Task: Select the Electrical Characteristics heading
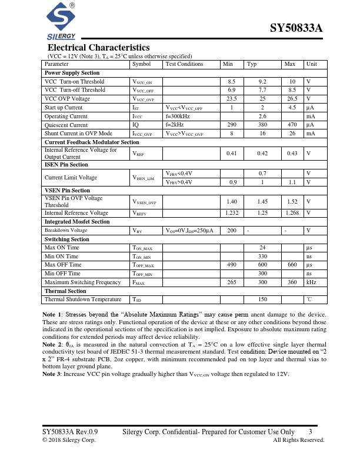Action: click(x=98, y=48)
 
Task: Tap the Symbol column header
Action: click(x=141, y=64)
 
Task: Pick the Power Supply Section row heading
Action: click(x=72, y=73)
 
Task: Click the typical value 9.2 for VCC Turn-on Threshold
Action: click(x=262, y=82)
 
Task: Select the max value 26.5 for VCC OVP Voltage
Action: click(x=290, y=99)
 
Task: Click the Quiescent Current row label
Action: click(x=66, y=125)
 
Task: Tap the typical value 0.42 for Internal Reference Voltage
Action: click(x=262, y=154)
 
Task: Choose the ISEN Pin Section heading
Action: click(x=66, y=165)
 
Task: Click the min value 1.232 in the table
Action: click(x=232, y=213)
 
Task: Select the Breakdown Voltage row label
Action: click(x=66, y=231)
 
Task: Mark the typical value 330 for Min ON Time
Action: click(x=263, y=257)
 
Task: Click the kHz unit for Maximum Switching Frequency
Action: click(x=311, y=282)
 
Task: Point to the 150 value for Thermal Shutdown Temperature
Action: click(x=263, y=299)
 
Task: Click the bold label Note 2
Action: click(x=52, y=344)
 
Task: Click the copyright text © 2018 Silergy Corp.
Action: click(x=69, y=440)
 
